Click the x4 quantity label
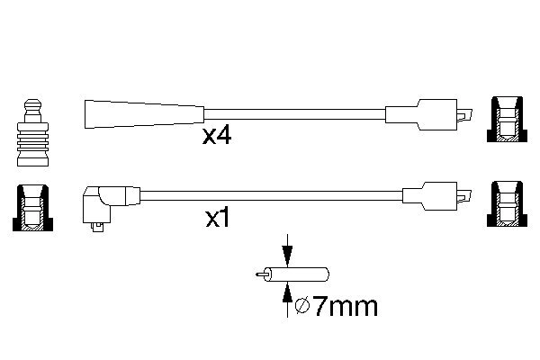217,136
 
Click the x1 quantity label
217,218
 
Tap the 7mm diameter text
346,306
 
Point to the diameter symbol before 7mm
302,307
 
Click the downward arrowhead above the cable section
287,256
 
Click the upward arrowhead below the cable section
287,293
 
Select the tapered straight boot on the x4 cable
144,114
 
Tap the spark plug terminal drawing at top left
32,132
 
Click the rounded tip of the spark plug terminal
32,103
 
